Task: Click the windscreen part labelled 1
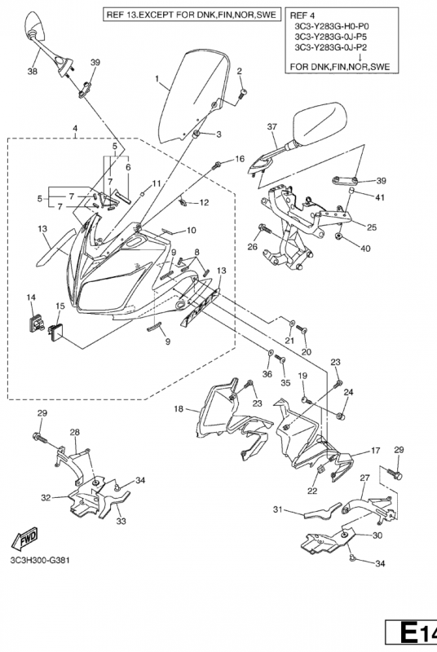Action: (193, 98)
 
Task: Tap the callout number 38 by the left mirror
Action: (32, 71)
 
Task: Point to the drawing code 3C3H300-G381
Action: (40, 560)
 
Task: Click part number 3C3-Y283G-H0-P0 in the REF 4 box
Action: (331, 26)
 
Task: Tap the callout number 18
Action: (179, 409)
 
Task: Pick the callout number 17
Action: (376, 451)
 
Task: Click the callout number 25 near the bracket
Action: (372, 227)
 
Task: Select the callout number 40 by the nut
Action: (365, 249)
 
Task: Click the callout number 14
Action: (31, 297)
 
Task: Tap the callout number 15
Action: (60, 306)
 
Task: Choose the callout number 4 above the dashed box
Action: (75, 128)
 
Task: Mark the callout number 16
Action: (240, 159)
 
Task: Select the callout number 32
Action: (46, 497)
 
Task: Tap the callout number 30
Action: (377, 535)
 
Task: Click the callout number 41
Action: (380, 197)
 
